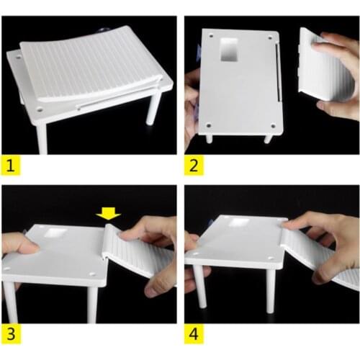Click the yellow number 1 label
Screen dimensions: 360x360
click(9, 166)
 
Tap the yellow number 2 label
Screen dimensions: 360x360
click(193, 166)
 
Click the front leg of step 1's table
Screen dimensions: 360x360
click(41, 138)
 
